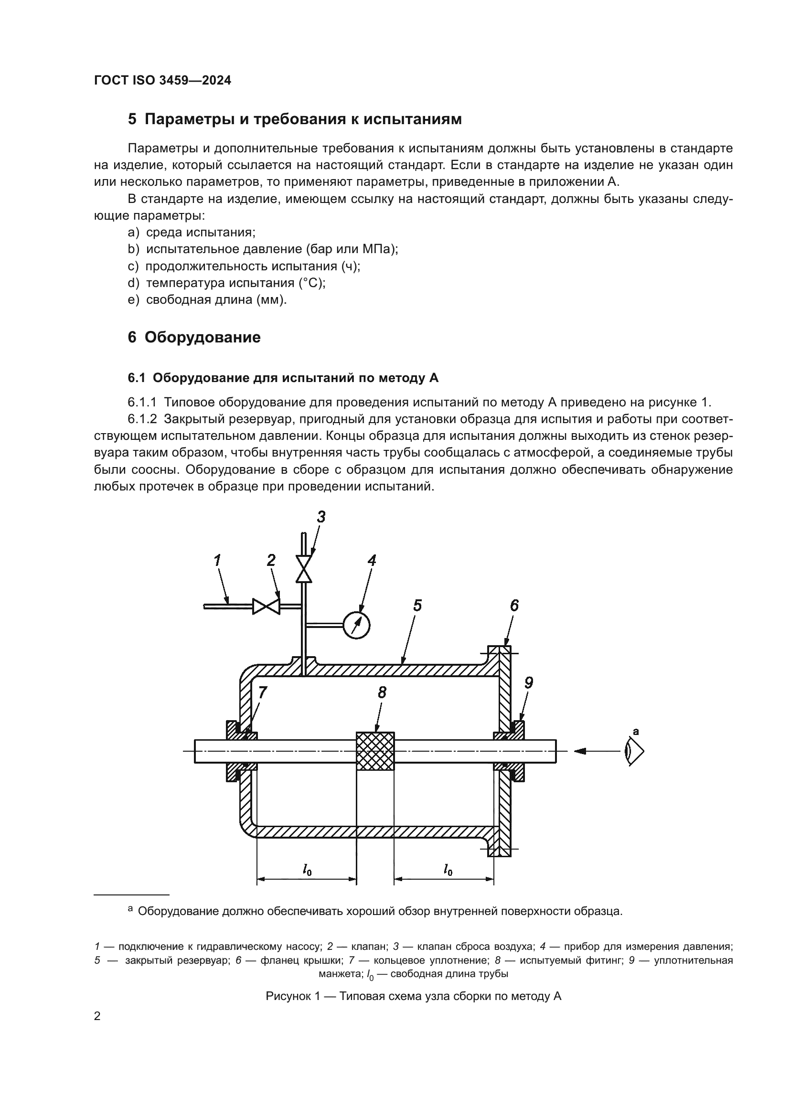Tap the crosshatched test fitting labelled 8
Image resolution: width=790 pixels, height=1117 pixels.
[x=375, y=751]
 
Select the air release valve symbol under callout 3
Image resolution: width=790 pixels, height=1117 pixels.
[x=304, y=569]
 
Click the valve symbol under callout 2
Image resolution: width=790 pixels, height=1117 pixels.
[x=266, y=606]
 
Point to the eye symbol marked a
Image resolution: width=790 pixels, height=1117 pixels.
[x=634, y=752]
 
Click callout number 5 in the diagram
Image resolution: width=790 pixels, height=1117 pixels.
[x=417, y=606]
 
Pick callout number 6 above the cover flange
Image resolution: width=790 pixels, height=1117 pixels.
[x=514, y=605]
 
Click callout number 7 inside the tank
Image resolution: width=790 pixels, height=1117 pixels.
[x=262, y=692]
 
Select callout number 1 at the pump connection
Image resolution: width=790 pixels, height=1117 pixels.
[x=217, y=561]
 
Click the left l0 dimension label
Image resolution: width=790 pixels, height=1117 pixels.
[x=307, y=869]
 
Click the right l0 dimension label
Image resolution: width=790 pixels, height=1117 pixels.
[x=448, y=869]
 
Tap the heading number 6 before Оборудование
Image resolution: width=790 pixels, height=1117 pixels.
[x=132, y=337]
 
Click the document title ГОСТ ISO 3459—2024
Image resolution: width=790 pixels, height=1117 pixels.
[x=162, y=81]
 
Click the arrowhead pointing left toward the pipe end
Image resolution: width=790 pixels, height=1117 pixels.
[x=580, y=751]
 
